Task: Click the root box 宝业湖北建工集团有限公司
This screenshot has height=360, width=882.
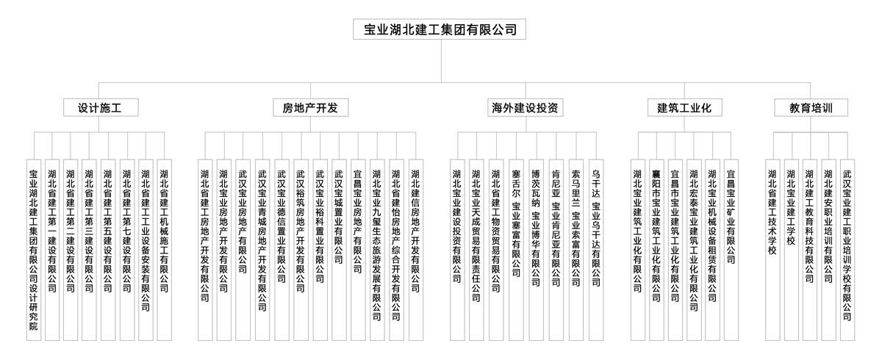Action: pos(440,30)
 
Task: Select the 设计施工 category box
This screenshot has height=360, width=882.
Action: pos(99,108)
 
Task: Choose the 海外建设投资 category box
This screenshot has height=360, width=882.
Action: pos(526,108)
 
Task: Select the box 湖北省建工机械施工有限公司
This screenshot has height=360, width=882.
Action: pos(164,228)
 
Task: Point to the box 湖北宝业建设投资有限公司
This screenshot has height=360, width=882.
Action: pos(457,228)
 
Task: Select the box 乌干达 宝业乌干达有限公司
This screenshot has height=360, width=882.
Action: pos(595,228)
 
